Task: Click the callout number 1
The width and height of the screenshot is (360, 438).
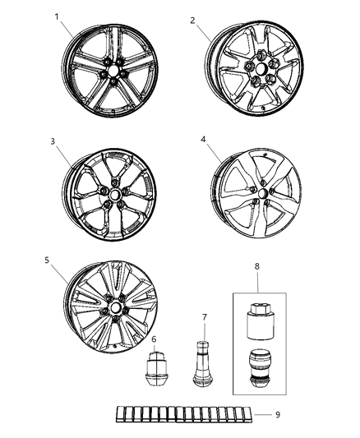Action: (57, 16)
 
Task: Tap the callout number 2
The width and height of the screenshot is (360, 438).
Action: (192, 21)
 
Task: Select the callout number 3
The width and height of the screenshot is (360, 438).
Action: (52, 142)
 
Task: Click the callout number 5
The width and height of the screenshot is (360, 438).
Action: (47, 261)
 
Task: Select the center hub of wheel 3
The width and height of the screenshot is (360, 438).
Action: (113, 197)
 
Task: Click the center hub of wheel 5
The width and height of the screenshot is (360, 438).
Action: (112, 313)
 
